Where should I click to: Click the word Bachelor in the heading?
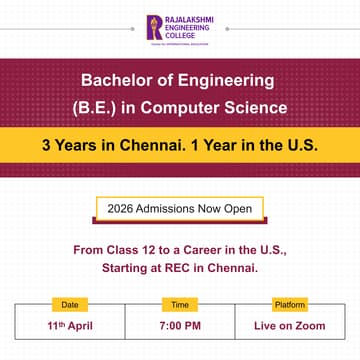tap(115, 78)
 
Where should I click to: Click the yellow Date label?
tap(69, 304)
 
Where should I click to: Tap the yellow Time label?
tap(180, 304)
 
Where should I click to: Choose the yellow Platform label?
tap(290, 304)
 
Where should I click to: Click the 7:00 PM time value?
tap(180, 326)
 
